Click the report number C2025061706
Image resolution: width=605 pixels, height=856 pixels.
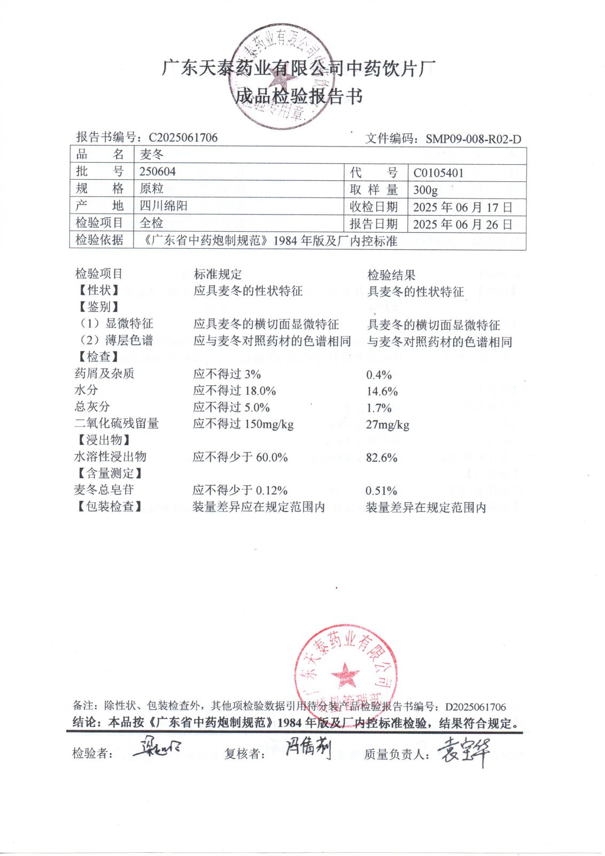[x=183, y=137]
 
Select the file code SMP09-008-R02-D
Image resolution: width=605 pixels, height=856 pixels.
[x=473, y=140]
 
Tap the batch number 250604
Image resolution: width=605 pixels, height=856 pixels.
[x=157, y=171]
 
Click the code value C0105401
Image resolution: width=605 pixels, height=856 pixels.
[x=438, y=173]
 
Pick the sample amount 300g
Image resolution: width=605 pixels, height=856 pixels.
[x=425, y=190]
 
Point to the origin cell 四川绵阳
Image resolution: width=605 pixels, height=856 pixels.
[x=164, y=206]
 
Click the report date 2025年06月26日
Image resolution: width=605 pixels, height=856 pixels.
[x=462, y=224]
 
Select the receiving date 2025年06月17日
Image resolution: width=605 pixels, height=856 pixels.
[x=462, y=207]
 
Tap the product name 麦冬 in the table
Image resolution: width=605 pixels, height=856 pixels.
[x=152, y=155]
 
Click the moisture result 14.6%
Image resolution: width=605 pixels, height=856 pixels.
[x=382, y=391]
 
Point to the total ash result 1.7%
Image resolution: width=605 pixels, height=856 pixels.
[x=379, y=408]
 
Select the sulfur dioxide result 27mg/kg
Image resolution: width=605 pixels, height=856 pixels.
[x=387, y=425]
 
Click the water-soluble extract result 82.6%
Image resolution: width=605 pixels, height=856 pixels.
[x=382, y=458]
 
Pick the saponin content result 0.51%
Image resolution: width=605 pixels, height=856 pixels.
[x=381, y=491]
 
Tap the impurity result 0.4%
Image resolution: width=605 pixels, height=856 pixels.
[x=379, y=374]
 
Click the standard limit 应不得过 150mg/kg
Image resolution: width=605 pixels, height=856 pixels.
[x=243, y=424]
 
